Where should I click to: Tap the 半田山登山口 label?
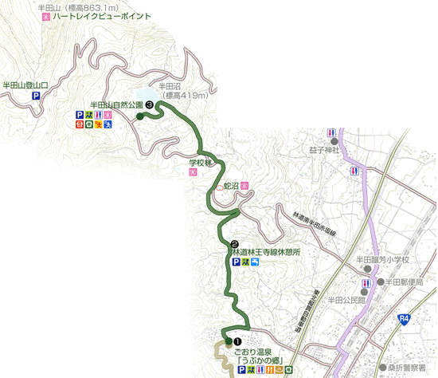coord(26,83)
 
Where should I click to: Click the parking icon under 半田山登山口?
coord(36,96)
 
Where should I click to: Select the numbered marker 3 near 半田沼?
coord(149,103)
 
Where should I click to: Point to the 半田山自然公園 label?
coord(116,104)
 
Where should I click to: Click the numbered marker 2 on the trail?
coord(234,243)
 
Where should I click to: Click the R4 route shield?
coord(405,318)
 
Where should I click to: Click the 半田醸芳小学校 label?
coord(381,259)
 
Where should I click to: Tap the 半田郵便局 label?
coord(410,282)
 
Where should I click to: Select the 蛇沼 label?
coord(229,186)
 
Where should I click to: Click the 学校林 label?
coord(199,163)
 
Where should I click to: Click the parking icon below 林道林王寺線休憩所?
coord(236,262)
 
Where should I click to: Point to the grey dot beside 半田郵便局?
coord(380,282)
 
